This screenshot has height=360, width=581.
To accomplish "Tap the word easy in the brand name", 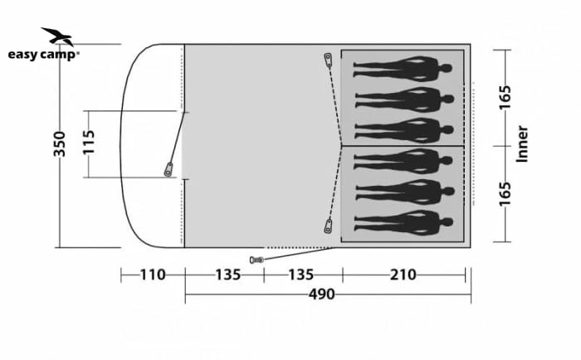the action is [x=23, y=55].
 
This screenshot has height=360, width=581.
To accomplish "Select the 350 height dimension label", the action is [x=59, y=144].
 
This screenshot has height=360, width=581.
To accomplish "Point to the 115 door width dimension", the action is [x=89, y=142].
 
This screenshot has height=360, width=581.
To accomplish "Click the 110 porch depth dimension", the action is [x=152, y=275].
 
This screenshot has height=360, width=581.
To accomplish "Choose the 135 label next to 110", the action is [x=228, y=275].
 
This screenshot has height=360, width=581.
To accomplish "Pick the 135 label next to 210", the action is [x=300, y=275].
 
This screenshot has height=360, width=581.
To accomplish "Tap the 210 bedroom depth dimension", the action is [x=403, y=275].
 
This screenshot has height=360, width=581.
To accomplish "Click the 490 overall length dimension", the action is [x=322, y=294].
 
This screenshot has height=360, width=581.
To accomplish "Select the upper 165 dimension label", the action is [x=505, y=97].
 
